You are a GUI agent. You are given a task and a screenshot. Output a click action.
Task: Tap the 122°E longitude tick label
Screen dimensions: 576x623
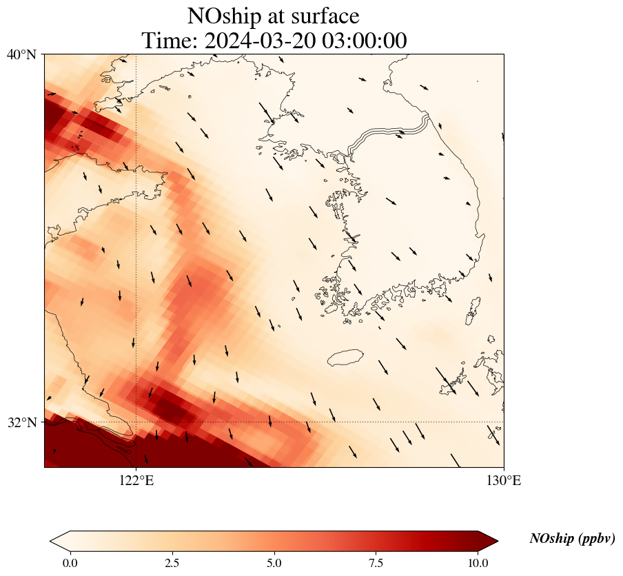136,481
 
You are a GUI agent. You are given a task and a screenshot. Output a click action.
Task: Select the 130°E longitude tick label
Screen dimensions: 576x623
504,481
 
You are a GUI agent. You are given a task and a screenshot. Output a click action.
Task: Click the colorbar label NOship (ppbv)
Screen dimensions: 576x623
572,539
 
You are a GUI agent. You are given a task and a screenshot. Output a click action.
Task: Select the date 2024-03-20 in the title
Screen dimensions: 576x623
261,41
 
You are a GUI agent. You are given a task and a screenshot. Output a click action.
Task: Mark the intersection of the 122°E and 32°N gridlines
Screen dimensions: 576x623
136,422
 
